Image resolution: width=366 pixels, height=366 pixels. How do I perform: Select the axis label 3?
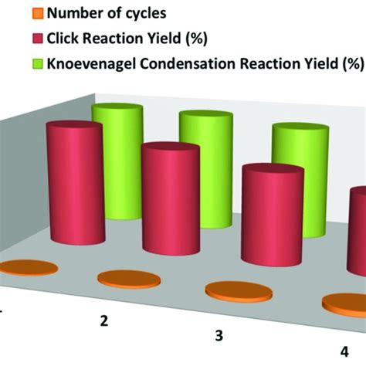point(219,336)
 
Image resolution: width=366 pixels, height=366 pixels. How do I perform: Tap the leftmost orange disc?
point(29,269)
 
